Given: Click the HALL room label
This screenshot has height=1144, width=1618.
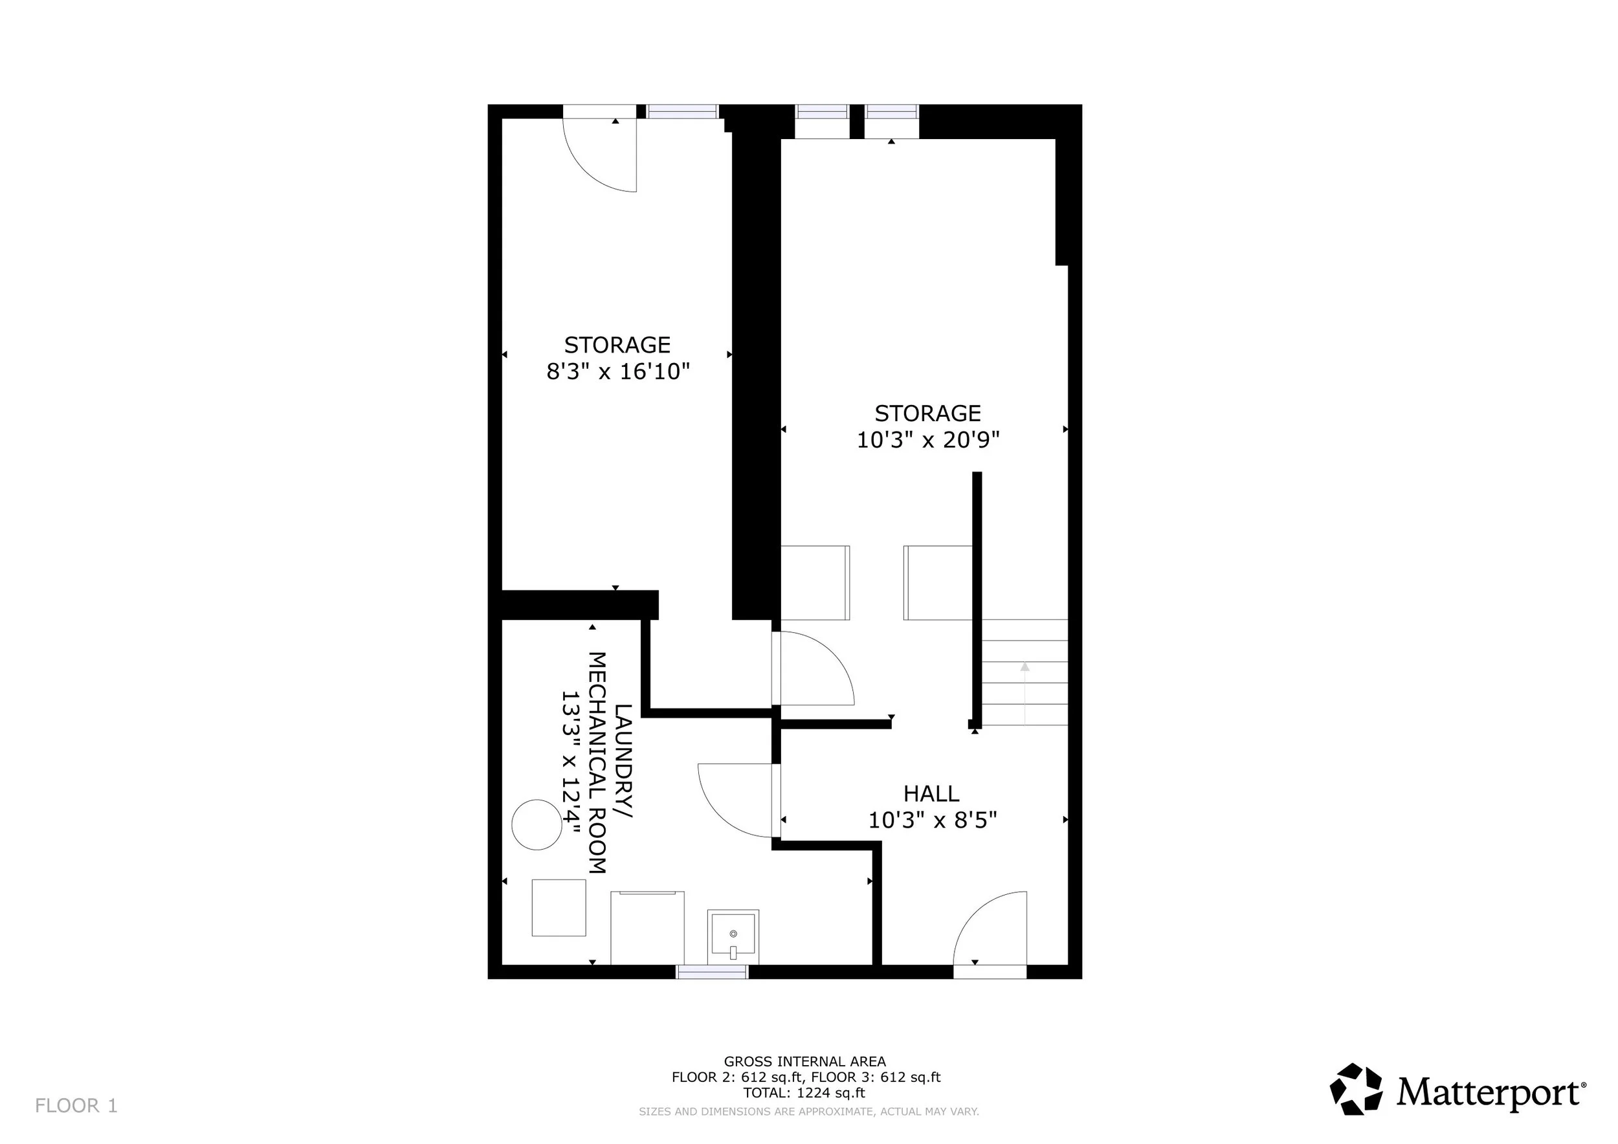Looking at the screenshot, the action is click(931, 794).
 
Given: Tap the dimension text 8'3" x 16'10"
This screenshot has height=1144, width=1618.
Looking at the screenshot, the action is click(618, 371).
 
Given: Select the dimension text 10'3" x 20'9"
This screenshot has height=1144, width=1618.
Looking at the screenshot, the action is click(928, 440).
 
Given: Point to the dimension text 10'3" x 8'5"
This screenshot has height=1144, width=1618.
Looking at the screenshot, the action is click(933, 820).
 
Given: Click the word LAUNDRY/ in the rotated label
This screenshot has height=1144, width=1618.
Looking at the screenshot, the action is click(623, 762).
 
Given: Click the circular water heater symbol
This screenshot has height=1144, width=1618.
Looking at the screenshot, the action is click(537, 825).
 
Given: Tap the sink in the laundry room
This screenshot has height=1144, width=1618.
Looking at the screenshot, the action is click(733, 936).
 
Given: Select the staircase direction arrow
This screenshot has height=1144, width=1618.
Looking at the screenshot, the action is click(1025, 693).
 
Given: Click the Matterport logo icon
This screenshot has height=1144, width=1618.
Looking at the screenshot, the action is click(1356, 1089).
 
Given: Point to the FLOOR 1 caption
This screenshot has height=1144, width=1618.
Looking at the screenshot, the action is click(76, 1106).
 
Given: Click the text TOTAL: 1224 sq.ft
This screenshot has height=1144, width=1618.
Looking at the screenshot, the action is click(804, 1094).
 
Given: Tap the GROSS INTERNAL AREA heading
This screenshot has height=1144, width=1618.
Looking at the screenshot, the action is click(804, 1062).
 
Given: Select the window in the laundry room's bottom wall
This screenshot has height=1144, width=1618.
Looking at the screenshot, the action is click(712, 972).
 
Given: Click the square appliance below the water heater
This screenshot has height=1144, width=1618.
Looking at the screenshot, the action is click(559, 908).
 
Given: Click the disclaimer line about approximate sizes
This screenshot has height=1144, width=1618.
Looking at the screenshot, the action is click(809, 1112).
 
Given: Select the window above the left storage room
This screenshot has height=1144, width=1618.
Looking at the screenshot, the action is click(682, 111).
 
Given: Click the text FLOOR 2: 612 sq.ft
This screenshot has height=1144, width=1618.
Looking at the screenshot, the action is click(737, 1077).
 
